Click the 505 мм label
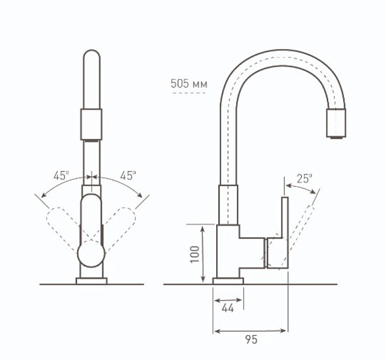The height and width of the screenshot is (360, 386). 188,84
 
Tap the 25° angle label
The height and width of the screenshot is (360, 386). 304,177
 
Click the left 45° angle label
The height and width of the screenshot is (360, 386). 62,175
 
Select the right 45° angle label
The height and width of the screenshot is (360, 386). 128,175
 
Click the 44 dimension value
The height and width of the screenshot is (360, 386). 228,308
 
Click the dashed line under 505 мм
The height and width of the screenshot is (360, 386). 188,93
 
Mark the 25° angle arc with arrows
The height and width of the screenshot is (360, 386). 301,187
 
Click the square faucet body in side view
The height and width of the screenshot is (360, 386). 228,251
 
